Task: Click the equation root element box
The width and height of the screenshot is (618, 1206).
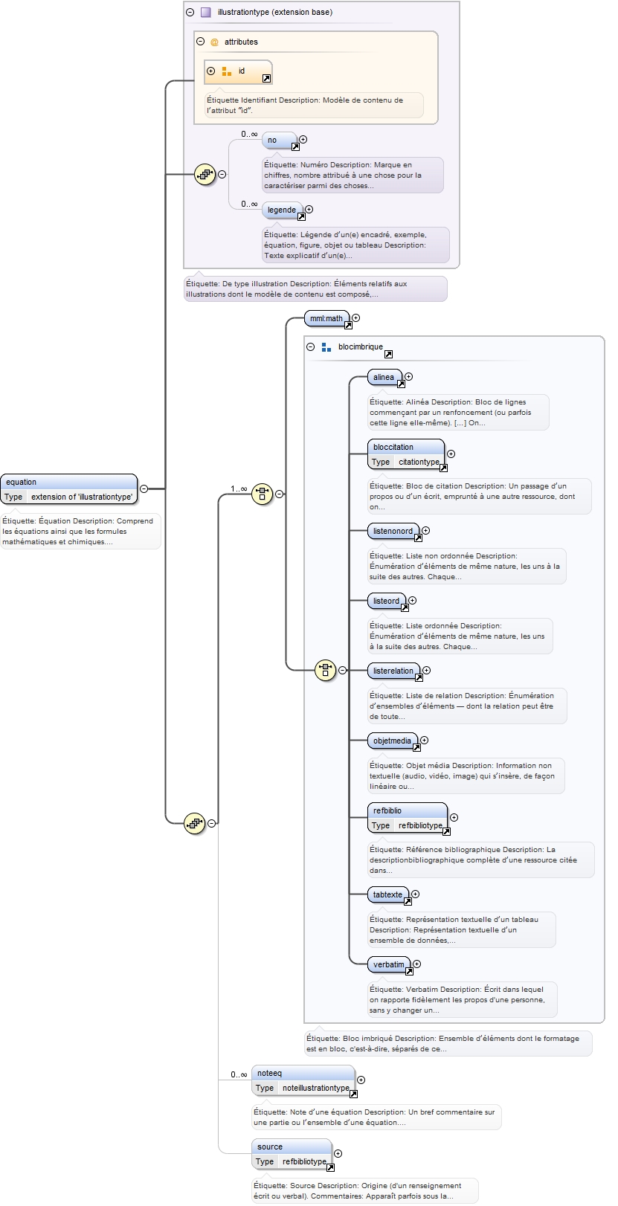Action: tap(68, 489)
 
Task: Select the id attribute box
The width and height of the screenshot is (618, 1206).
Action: tap(238, 71)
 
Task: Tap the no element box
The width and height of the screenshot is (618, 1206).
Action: tap(279, 141)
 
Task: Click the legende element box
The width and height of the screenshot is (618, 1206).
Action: tap(282, 210)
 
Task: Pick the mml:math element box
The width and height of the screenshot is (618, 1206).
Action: tap(326, 319)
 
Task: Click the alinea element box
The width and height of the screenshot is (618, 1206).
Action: tap(384, 378)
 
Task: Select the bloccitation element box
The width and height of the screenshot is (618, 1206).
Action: tap(405, 454)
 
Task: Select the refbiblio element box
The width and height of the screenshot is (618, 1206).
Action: tap(407, 818)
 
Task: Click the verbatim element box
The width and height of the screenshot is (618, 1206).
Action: tap(389, 965)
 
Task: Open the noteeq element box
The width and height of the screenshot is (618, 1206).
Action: tap(303, 1080)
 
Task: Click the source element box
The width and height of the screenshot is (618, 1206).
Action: tap(292, 1154)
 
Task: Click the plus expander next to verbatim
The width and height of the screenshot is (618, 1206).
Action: tap(416, 964)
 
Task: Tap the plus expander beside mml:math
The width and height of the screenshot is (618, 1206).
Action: tap(356, 318)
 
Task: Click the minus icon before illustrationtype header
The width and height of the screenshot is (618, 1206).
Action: tap(190, 12)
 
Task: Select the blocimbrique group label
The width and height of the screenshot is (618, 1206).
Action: tap(360, 347)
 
